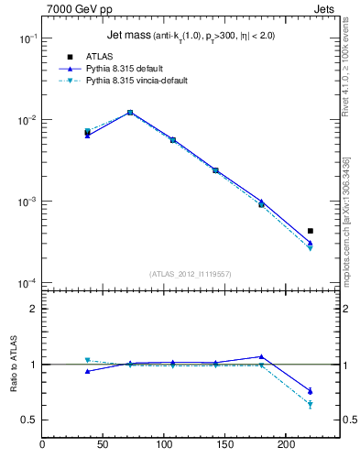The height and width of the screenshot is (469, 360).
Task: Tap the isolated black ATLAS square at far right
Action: [311, 231]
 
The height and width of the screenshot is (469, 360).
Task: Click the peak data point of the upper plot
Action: [130, 113]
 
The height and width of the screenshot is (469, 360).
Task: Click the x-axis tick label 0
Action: [42, 446]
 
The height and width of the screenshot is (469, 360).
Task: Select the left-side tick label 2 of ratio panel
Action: [33, 309]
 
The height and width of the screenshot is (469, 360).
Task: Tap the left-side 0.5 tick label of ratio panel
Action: [28, 420]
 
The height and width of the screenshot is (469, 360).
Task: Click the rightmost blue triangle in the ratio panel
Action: [311, 391]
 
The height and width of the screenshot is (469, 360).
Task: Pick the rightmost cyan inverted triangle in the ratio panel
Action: [311, 404]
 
